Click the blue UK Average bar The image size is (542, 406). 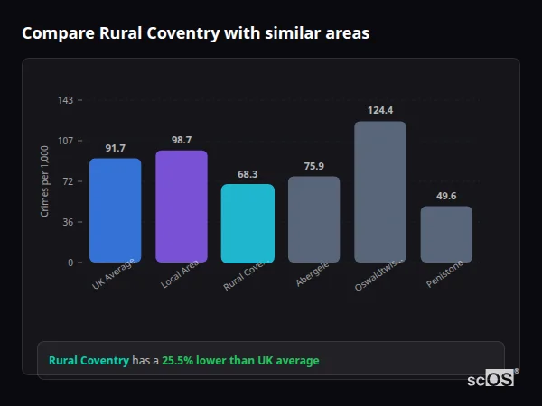click(115, 210)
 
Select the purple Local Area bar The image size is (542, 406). click(182, 207)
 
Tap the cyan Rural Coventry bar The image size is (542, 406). click(248, 224)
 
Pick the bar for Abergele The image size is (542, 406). click(313, 219)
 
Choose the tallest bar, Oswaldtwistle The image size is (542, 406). click(380, 192)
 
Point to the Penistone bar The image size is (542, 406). click(446, 235)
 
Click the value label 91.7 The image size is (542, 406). click(115, 148)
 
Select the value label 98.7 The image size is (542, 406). click(182, 140)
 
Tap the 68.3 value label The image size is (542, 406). click(248, 174)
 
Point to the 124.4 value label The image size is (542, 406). click(380, 110)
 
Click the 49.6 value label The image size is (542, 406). click(446, 196)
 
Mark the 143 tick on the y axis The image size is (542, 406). click(65, 100)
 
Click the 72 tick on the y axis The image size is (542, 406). click(68, 181)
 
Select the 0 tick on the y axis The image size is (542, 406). click(70, 263)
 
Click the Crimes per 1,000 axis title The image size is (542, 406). click(45, 180)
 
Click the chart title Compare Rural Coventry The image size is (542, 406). click(195, 33)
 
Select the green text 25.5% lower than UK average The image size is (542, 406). click(240, 361)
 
